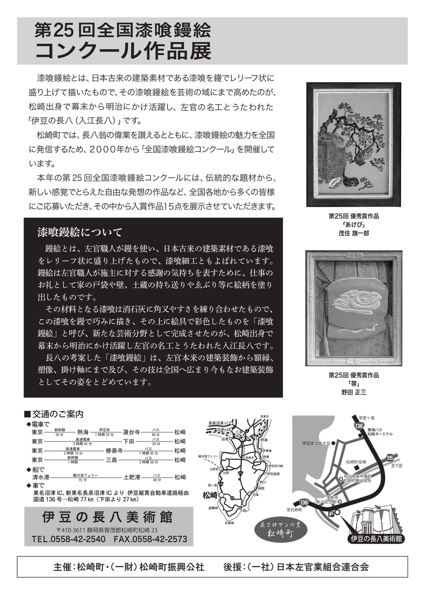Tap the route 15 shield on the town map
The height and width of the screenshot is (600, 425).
tap(390, 457)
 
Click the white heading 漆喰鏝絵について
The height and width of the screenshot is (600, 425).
tap(80, 232)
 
